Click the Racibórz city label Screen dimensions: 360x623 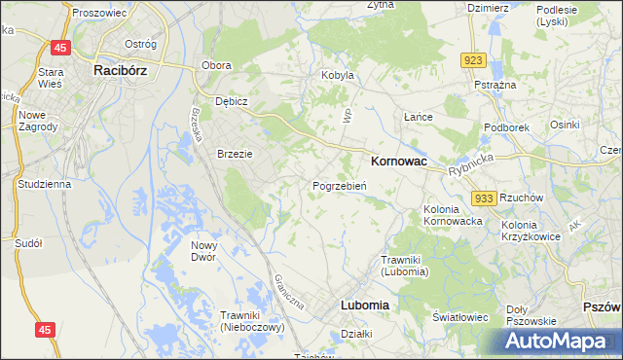coord(122,70)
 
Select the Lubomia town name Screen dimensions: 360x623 coord(365,305)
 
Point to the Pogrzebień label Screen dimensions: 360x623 coord(339,185)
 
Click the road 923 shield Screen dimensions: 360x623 coord(473,60)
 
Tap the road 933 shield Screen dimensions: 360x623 coord(485,198)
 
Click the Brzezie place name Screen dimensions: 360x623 coord(235,154)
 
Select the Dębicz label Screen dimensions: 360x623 coord(233,101)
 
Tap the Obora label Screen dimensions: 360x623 coord(215,65)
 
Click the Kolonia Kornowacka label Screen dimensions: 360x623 coord(454,215)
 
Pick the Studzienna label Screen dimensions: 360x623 coord(42,183)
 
